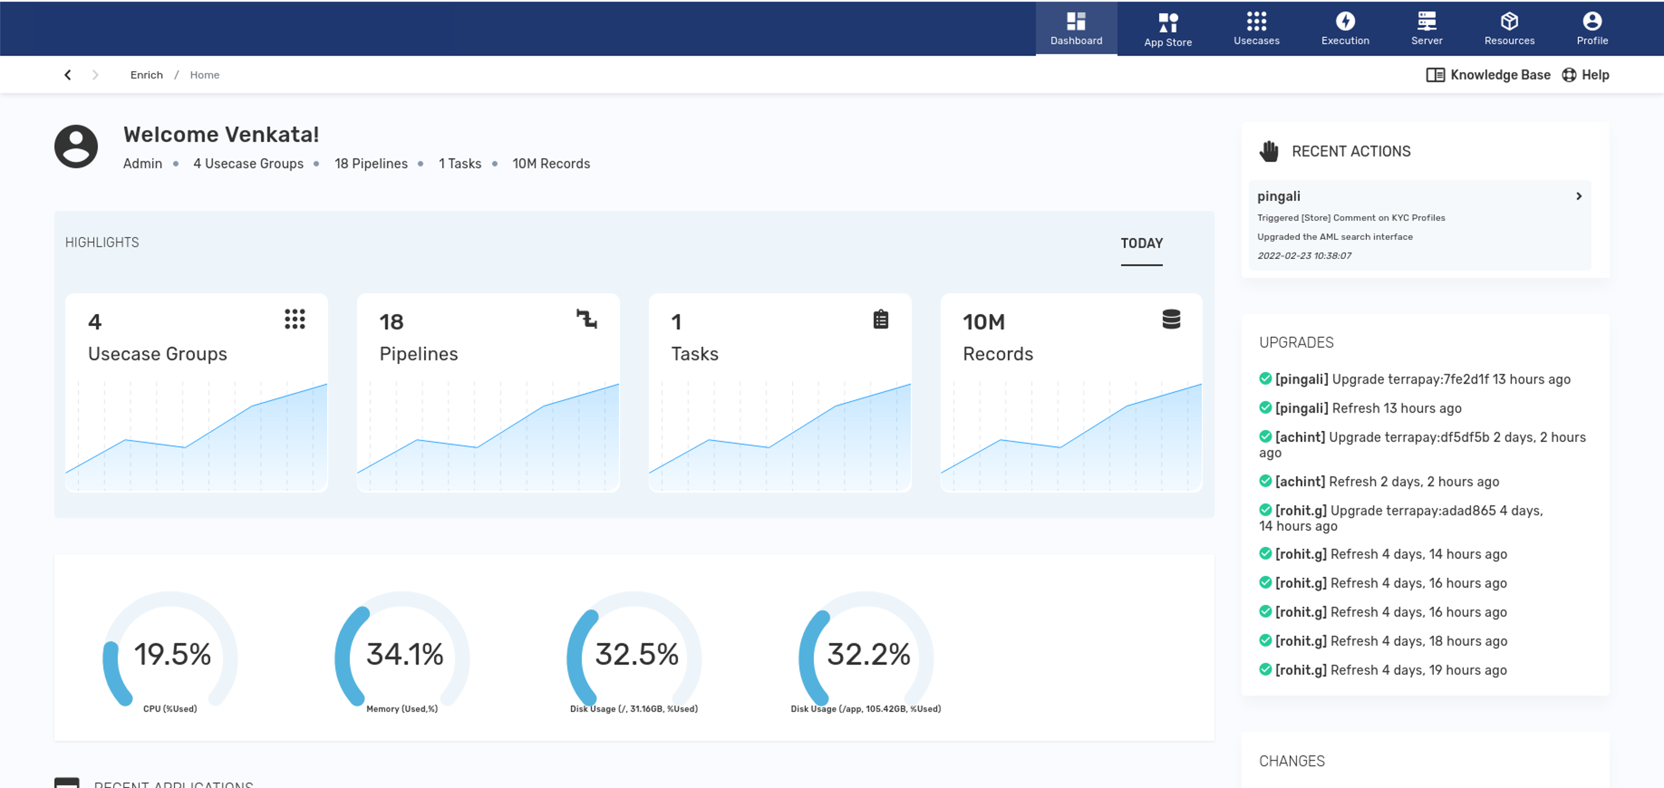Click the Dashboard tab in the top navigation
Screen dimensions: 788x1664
click(x=1076, y=29)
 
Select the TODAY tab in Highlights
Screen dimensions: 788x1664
click(x=1141, y=244)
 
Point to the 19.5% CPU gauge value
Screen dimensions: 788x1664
click(x=172, y=654)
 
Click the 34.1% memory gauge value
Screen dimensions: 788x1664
click(x=404, y=654)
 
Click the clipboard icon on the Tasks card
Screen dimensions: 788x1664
click(x=880, y=319)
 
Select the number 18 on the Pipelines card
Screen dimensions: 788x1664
click(x=391, y=322)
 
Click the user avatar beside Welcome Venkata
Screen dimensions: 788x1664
click(x=76, y=146)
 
